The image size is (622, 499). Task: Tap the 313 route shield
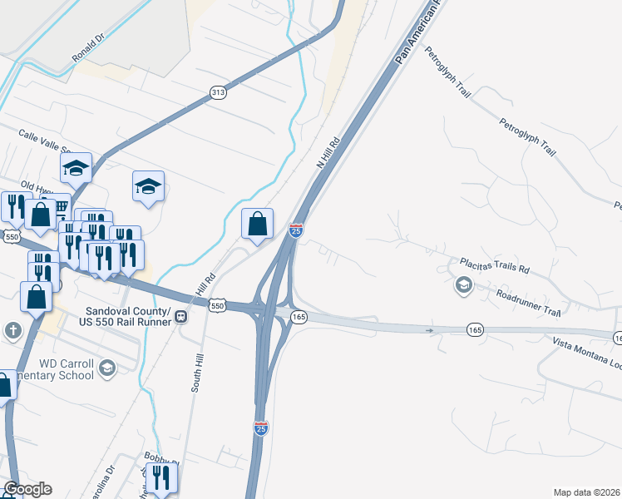click(218, 92)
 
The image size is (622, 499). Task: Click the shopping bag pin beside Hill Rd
click(258, 224)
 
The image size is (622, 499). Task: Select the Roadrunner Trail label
click(528, 301)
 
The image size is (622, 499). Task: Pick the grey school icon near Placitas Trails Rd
click(462, 286)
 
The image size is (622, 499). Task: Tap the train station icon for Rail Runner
click(180, 316)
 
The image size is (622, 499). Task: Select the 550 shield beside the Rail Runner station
click(217, 306)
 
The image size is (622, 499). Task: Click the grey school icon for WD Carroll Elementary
click(106, 368)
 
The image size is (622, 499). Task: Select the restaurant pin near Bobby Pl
click(161, 477)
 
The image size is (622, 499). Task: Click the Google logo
click(27, 489)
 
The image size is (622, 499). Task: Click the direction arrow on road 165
click(430, 330)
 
